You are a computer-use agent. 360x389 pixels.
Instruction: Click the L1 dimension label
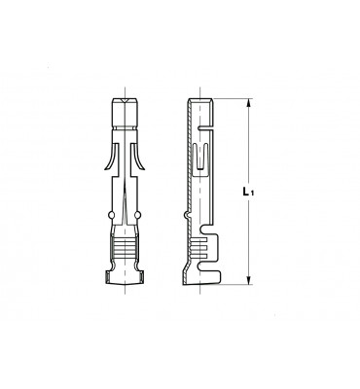pyautogui.click(x=248, y=192)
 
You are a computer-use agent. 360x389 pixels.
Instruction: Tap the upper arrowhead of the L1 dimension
pyautogui.click(x=249, y=103)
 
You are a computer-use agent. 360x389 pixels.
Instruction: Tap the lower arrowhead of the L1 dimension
pyautogui.click(x=249, y=280)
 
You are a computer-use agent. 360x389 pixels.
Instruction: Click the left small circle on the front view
pyautogui.click(x=111, y=215)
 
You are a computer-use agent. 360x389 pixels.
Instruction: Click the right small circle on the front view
pyautogui.click(x=138, y=215)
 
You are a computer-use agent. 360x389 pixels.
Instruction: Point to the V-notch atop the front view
pyautogui.click(x=125, y=101)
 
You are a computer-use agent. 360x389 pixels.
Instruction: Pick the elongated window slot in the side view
pyautogui.click(x=200, y=159)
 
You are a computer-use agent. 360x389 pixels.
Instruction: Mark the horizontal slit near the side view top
pyautogui.click(x=206, y=128)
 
